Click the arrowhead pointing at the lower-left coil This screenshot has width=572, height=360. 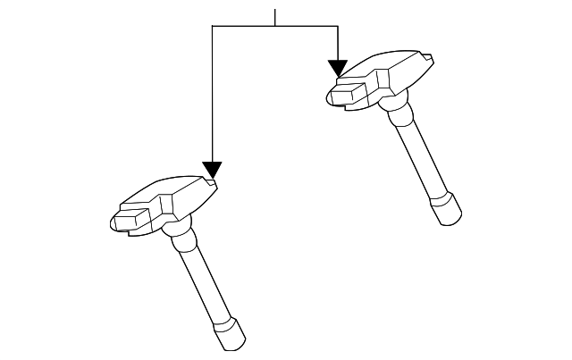(x=212, y=169)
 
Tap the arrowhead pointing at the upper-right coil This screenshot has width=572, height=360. (x=338, y=67)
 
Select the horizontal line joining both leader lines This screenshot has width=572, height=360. (x=274, y=27)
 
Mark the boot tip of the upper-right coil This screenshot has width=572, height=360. (x=449, y=212)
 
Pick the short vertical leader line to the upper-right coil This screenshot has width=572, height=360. (x=338, y=43)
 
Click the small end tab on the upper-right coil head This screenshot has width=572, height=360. (x=431, y=60)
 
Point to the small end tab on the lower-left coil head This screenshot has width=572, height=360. (x=214, y=185)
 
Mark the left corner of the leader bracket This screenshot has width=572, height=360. (x=212, y=27)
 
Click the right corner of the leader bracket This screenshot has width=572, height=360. (x=338, y=27)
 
